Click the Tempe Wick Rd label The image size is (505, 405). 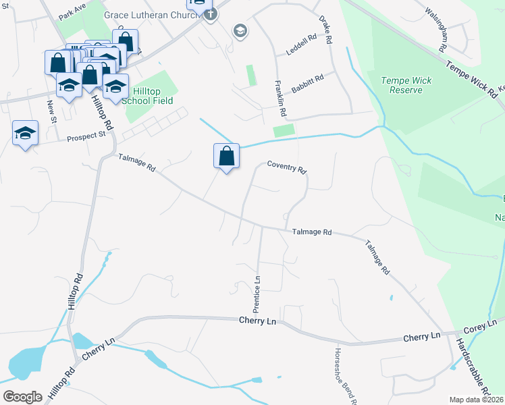[471, 78]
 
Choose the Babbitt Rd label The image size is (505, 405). [308, 84]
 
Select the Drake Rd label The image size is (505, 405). [326, 30]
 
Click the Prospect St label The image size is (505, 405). [87, 136]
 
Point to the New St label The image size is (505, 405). [51, 108]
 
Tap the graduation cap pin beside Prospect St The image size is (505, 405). [25, 132]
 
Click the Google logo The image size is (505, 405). [22, 396]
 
